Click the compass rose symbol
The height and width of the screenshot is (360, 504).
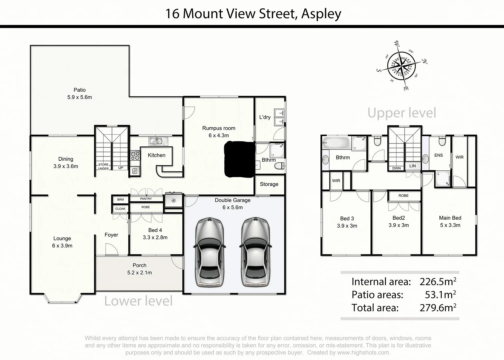[402, 66]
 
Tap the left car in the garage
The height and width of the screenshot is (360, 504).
[209, 252]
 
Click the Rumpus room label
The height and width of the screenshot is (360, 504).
[219, 128]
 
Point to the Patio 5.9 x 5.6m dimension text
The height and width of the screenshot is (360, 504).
[79, 97]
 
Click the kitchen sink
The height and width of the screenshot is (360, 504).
[156, 141]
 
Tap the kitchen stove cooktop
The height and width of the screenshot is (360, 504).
[135, 156]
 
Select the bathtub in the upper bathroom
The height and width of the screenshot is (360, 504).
[336, 143]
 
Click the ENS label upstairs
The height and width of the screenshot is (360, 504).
[438, 155]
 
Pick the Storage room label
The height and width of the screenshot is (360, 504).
[269, 184]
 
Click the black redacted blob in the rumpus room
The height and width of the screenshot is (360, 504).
[239, 159]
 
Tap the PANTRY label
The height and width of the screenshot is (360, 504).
[146, 199]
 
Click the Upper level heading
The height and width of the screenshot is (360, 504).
[402, 113]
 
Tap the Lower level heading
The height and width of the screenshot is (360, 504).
[138, 301]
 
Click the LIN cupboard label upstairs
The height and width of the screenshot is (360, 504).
[412, 166]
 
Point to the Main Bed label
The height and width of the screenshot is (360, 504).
[450, 218]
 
